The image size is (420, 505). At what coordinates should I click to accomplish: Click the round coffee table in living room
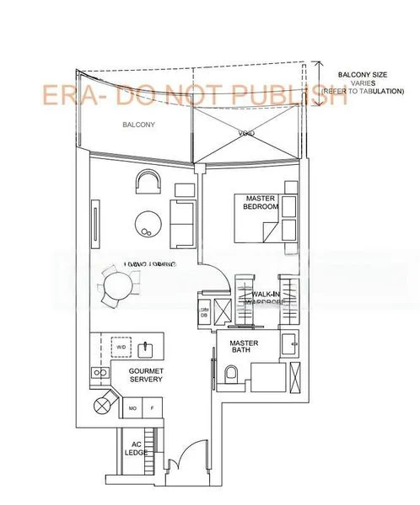click(x=148, y=222)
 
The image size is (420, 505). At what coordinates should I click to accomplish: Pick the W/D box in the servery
click(x=121, y=346)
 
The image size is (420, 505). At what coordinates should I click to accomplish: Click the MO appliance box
click(x=132, y=408)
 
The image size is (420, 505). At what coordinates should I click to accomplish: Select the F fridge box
click(x=152, y=408)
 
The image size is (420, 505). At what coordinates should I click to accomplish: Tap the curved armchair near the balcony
click(x=148, y=182)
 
